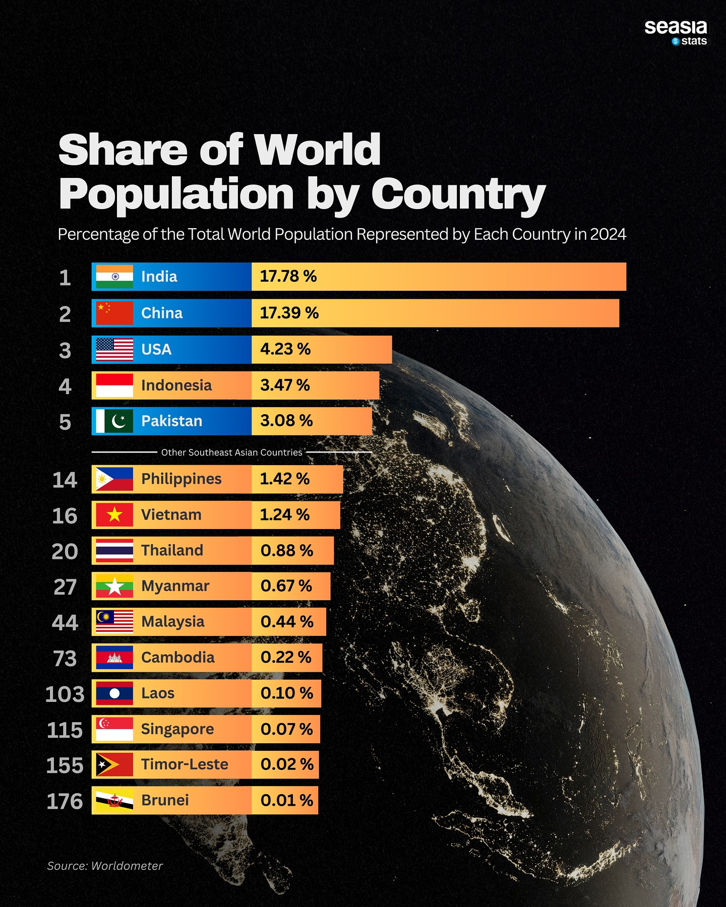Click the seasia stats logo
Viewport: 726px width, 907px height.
(x=676, y=33)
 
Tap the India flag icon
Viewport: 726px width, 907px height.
(x=114, y=277)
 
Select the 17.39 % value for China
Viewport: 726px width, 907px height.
(x=289, y=313)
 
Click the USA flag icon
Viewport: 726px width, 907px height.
(x=114, y=350)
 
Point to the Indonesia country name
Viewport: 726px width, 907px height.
(x=176, y=385)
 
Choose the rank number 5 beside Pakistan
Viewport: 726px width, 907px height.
(x=65, y=422)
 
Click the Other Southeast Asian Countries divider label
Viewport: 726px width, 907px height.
(x=231, y=452)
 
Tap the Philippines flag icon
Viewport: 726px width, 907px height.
(x=114, y=479)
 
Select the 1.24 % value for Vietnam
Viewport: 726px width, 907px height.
(x=284, y=514)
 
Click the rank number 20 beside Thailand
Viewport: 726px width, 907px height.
(x=65, y=551)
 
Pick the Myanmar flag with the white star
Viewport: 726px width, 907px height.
(x=114, y=586)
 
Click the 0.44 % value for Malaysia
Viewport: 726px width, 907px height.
(x=286, y=622)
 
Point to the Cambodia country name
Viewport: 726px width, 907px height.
(x=177, y=658)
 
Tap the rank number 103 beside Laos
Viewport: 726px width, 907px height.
(x=65, y=694)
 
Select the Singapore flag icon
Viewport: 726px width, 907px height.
(x=114, y=729)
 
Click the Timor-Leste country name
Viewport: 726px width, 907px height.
(x=185, y=764)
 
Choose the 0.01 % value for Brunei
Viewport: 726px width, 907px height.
(x=286, y=800)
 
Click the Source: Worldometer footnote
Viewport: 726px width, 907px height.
(x=105, y=866)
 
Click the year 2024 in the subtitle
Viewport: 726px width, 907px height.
(x=608, y=234)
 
